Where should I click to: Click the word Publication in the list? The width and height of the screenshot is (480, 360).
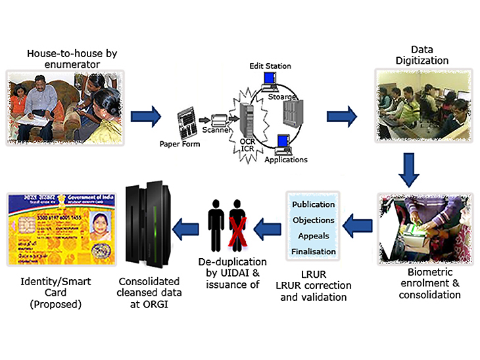[314, 204]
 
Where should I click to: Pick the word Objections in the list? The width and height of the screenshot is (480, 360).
[314, 220]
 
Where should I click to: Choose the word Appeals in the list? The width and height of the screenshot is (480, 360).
[314, 236]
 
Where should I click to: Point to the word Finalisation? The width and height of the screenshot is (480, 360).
[314, 252]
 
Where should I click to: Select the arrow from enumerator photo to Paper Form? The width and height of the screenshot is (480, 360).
[146, 118]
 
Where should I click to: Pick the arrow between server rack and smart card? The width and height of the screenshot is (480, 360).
[186, 229]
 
